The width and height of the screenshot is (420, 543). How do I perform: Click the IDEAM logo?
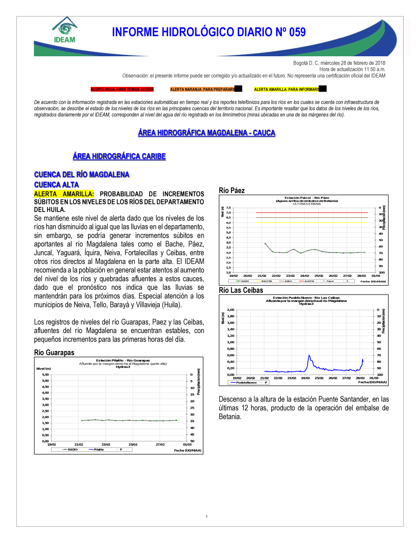(x=64, y=31)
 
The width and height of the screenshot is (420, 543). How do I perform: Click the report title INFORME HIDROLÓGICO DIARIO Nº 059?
(x=209, y=32)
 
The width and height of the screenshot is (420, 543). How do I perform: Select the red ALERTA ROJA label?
(x=122, y=89)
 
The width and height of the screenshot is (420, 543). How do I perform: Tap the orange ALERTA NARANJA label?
(x=202, y=89)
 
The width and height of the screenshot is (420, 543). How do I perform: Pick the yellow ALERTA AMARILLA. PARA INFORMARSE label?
(x=287, y=89)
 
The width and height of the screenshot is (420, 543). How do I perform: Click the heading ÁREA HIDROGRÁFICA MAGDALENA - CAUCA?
(x=207, y=133)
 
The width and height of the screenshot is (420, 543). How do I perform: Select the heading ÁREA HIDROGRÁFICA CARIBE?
(x=119, y=156)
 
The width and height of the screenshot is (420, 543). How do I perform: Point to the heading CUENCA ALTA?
(x=56, y=185)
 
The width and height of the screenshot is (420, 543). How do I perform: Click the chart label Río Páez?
(x=231, y=191)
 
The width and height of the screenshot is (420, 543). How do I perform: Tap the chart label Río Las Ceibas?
(x=241, y=290)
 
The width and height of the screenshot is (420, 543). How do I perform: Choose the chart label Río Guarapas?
(x=54, y=353)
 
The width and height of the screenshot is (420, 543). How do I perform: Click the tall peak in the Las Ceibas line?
(x=309, y=356)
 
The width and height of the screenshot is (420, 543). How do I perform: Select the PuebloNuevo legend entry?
(x=246, y=383)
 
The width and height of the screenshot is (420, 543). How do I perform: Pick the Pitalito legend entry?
(x=98, y=450)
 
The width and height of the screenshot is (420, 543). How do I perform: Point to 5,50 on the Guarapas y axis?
(x=45, y=375)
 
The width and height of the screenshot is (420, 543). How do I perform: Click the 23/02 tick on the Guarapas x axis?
(x=106, y=444)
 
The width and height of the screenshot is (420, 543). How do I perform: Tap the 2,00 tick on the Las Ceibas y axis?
(x=231, y=310)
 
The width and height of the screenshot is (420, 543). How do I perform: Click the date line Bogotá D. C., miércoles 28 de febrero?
(x=339, y=63)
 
